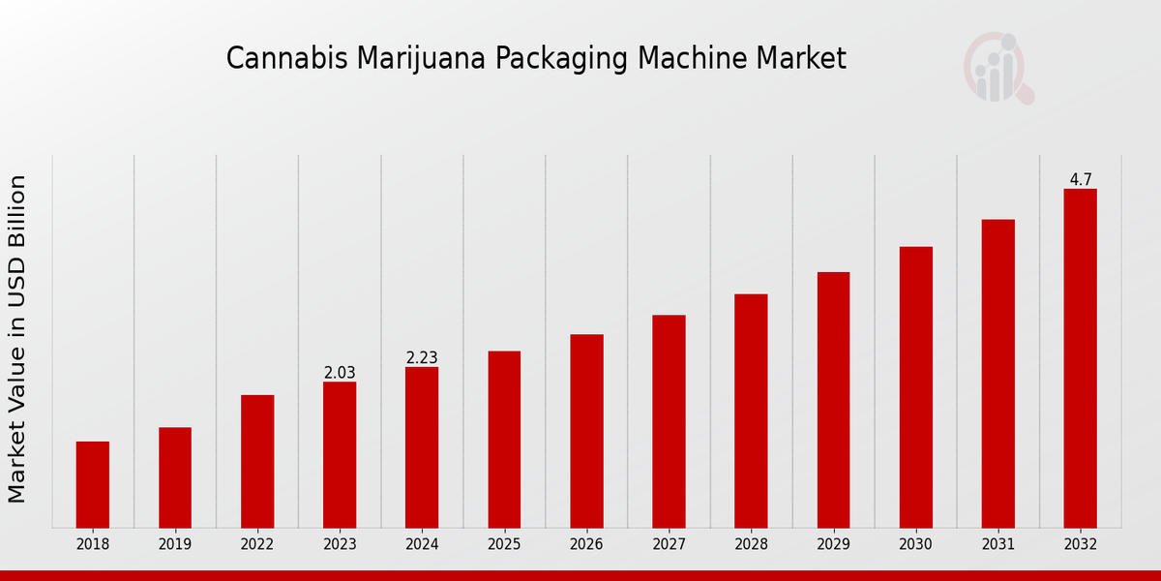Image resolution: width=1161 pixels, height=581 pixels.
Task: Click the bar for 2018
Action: tap(93, 484)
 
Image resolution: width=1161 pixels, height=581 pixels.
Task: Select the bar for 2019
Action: tap(175, 477)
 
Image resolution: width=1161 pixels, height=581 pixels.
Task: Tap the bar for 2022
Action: tap(257, 461)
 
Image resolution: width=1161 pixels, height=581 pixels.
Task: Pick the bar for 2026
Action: tap(586, 431)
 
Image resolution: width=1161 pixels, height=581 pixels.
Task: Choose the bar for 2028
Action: tap(751, 411)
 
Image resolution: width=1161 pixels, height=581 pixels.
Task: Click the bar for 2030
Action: tap(915, 387)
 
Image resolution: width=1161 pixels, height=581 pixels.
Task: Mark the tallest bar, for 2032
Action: tap(1080, 358)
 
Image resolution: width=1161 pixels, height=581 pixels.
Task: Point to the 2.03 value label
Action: tap(340, 373)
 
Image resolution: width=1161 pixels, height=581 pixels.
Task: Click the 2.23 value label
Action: tap(422, 358)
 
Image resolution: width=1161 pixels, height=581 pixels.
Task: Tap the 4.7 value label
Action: tap(1081, 180)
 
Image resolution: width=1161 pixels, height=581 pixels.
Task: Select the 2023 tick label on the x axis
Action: tap(340, 545)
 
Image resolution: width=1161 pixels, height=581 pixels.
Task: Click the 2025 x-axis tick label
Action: tap(504, 545)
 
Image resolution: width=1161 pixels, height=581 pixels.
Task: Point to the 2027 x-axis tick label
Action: tap(669, 545)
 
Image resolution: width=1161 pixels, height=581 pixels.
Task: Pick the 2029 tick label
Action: tap(833, 545)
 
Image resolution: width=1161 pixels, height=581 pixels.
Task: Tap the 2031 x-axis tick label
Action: tap(997, 545)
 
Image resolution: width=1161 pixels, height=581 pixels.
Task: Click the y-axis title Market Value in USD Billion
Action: tap(17, 339)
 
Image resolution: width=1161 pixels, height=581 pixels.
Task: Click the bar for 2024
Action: tap(422, 447)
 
